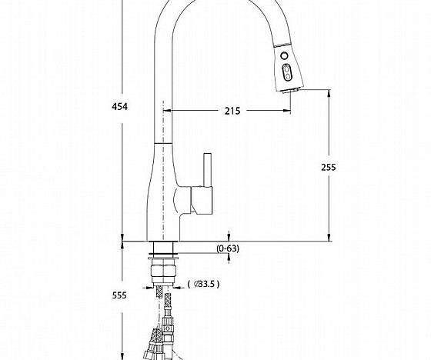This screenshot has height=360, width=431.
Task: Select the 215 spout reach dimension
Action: pos(232,111)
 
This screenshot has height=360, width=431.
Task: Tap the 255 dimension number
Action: pos(329,166)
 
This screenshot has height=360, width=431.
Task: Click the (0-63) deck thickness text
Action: pos(228,248)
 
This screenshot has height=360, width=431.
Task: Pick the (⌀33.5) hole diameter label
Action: pos(204,284)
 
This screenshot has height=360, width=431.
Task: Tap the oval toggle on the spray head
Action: pos(287,72)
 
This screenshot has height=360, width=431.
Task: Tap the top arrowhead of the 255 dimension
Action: pos(329,94)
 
